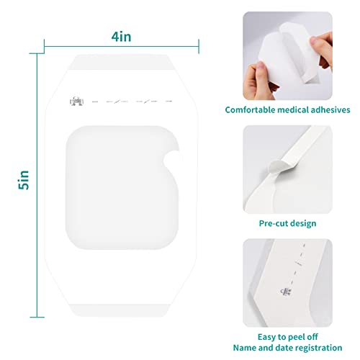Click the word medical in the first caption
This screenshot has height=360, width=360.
[293, 110]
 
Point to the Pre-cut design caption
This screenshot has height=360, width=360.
[288, 223]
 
